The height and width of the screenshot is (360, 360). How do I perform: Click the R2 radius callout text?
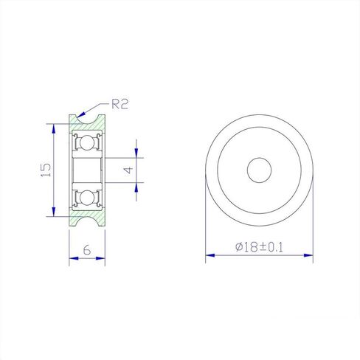coord(120,104)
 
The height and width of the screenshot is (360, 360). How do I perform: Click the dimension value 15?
coord(46,170)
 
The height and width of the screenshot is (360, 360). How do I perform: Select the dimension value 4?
coord(128,170)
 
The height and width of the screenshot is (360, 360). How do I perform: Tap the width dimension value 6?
coord(87,250)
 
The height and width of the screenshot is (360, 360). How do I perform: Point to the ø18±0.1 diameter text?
coord(259,247)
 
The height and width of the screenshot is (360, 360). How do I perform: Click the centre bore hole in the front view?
coord(259,170)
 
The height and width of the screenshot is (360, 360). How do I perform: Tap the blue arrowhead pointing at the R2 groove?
coord(80,114)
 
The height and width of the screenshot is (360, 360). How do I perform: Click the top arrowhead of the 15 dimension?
coord(54,128)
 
